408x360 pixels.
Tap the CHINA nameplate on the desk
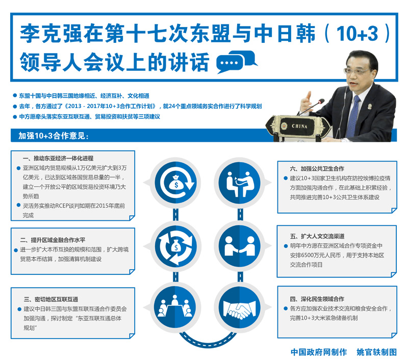(299, 126)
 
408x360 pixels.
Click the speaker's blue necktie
(352, 117)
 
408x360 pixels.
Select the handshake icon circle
(240, 307)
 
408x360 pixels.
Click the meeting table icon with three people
(175, 307)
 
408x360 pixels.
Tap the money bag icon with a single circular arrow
(176, 183)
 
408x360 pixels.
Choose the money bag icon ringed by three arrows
(176, 246)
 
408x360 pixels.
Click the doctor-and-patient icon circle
(240, 183)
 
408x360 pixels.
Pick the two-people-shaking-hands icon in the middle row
(240, 246)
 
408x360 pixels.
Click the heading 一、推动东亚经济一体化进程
(58, 158)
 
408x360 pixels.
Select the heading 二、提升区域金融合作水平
(53, 240)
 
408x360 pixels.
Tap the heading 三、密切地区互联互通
(51, 299)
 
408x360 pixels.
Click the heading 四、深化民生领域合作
(317, 299)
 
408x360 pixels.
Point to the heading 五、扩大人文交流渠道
(317, 236)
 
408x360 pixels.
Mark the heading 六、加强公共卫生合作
(317, 169)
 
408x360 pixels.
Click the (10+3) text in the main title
(357, 33)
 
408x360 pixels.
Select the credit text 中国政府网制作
(319, 352)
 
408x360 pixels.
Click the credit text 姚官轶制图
(376, 352)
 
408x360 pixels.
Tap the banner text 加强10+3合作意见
(54, 136)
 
